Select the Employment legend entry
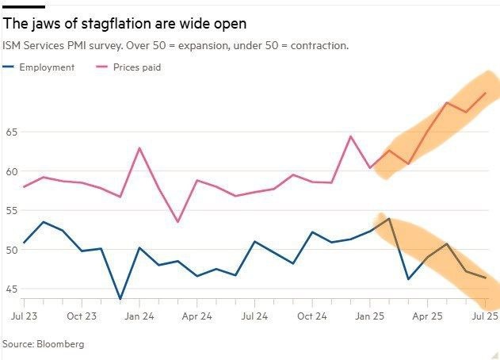coord(46,67)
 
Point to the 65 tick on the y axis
coord(11,132)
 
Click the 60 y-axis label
coord(11,171)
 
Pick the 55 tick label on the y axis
coord(11,211)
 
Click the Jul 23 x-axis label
coord(24,316)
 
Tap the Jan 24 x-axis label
coord(139,316)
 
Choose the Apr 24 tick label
coord(197,316)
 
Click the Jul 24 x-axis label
coord(254,316)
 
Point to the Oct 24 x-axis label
coord(312,316)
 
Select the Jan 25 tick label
coord(370,316)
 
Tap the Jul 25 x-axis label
coord(485,316)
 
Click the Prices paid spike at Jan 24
coord(139,148)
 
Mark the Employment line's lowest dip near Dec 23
coord(120,299)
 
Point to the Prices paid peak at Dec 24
coord(351,136)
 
